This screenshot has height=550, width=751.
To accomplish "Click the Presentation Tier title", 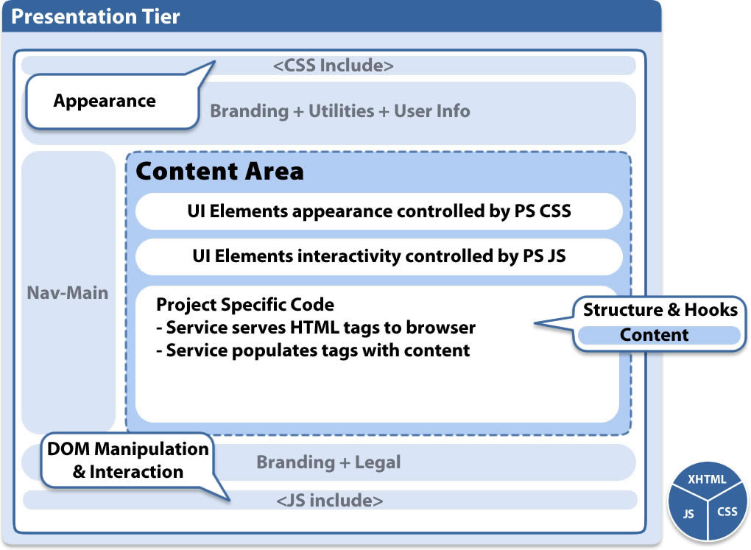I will click(x=96, y=17).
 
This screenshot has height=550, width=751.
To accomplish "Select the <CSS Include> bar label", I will click(x=333, y=66).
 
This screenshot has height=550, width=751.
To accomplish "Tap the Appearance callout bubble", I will click(x=105, y=101).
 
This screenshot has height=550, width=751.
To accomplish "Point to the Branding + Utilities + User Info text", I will click(x=340, y=111).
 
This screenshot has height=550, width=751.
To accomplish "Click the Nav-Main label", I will click(x=68, y=293).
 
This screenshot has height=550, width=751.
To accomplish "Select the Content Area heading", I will click(x=219, y=172).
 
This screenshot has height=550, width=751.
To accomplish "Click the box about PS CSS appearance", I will click(x=379, y=212).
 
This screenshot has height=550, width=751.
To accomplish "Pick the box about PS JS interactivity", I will click(x=379, y=257).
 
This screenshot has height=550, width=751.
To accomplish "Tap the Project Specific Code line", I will click(x=245, y=304).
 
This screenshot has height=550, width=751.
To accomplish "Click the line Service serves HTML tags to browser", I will click(x=316, y=327).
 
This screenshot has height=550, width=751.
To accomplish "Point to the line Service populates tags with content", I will click(x=313, y=350).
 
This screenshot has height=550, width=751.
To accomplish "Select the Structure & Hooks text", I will click(x=660, y=310).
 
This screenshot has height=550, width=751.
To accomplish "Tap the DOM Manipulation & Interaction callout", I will click(x=128, y=460).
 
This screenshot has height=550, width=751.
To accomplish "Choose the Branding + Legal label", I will click(x=328, y=462).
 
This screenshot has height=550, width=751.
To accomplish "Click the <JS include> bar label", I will click(x=330, y=501).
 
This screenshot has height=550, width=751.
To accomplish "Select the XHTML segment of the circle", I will click(x=707, y=480).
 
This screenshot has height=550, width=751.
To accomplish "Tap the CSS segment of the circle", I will click(x=726, y=512).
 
